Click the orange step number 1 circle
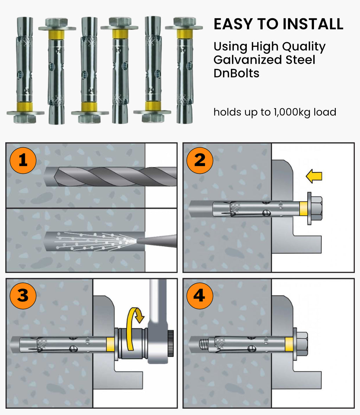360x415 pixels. point(23,160)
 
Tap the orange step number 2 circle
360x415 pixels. point(200,160)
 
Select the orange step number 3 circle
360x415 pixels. point(23,295)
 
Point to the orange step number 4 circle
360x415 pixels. point(199,295)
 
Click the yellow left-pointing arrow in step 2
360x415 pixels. point(314,176)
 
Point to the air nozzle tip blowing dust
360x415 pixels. point(155,241)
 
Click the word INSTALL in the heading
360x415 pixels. point(313,24)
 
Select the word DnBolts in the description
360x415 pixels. point(236,73)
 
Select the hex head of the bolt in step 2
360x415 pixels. point(316,208)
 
